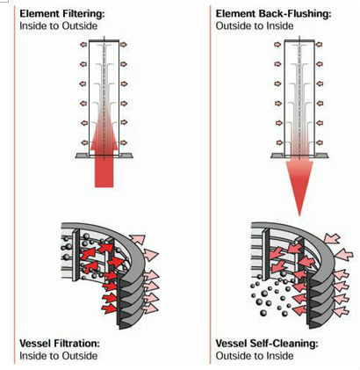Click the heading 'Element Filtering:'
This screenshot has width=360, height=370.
pyautogui.click(x=62, y=14)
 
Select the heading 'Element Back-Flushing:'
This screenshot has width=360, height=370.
pyautogui.click(x=274, y=14)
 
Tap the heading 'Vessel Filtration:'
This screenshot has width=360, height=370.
pyautogui.click(x=60, y=344)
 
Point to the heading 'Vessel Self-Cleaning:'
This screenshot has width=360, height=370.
pyautogui.click(x=267, y=344)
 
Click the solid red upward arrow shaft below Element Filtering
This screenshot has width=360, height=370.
pyautogui.click(x=104, y=171)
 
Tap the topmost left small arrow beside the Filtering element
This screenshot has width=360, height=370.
pyautogui.click(x=83, y=44)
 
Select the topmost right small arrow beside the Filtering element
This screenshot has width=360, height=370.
pyautogui.click(x=124, y=44)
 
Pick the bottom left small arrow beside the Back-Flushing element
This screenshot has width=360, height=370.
pyautogui.click(x=278, y=142)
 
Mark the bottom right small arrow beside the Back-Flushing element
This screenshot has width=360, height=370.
pyautogui.click(x=319, y=142)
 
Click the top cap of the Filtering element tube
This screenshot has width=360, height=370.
pyautogui.click(x=104, y=40)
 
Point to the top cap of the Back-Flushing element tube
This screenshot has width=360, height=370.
pyautogui.click(x=299, y=40)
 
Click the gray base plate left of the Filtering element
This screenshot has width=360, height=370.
pyautogui.click(x=83, y=156)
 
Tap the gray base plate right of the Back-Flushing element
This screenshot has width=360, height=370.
pyautogui.click(x=321, y=156)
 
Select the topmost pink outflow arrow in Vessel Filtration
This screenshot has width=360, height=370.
pyautogui.click(x=137, y=239)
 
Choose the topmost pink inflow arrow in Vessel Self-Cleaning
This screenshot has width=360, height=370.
pyautogui.click(x=332, y=238)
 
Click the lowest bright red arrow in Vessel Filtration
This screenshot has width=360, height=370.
pyautogui.click(x=109, y=308)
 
